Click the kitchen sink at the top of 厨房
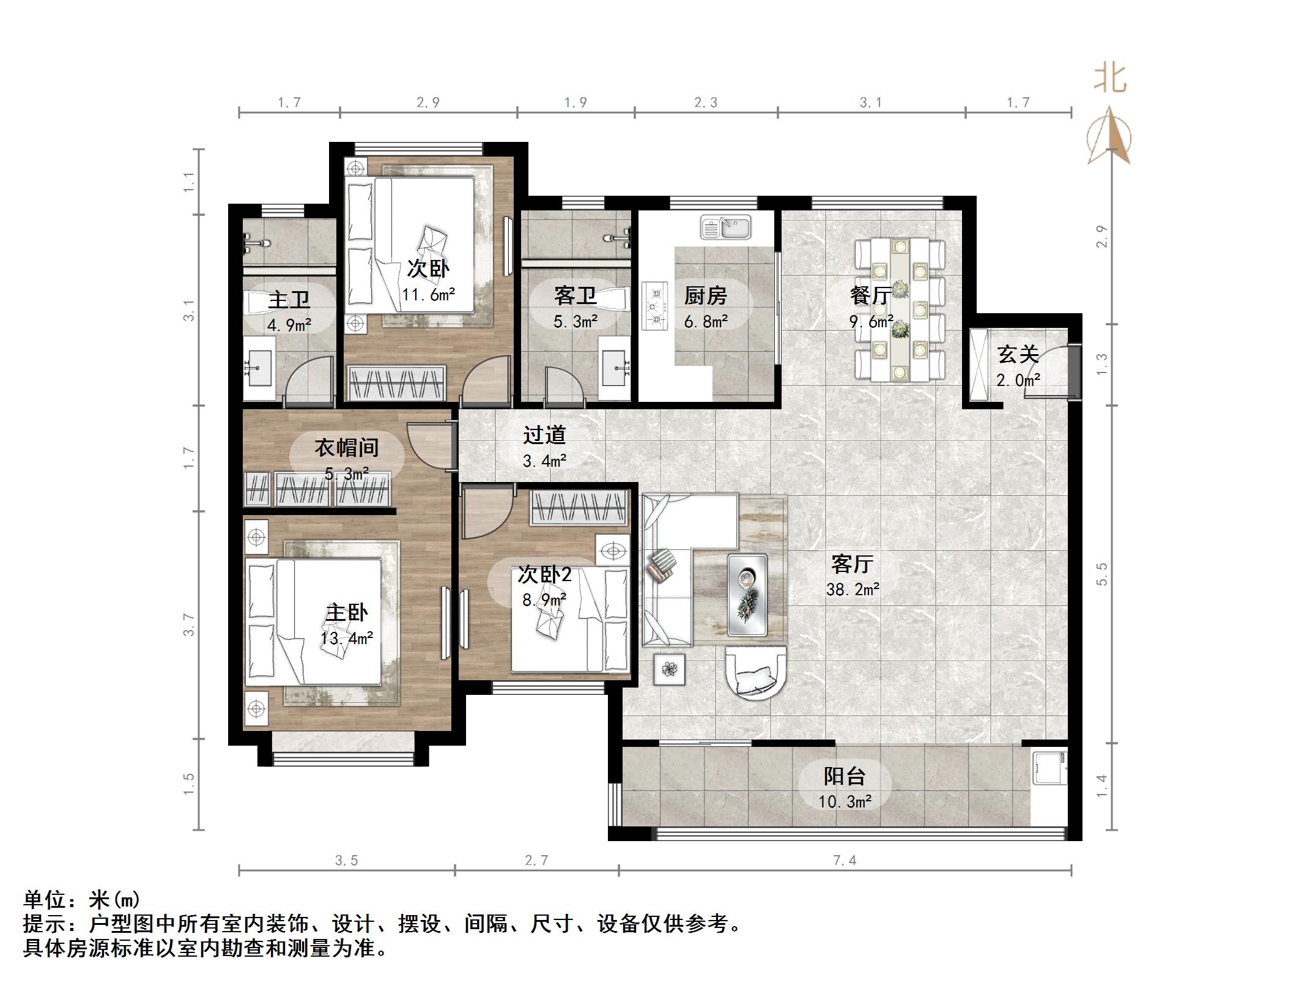[x=725, y=228]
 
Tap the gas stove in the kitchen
[x=654, y=305]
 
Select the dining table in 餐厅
[x=899, y=310]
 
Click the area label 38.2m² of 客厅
[x=852, y=590]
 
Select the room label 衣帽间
[x=346, y=448]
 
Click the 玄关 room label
[x=1018, y=355]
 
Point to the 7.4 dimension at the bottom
[x=844, y=861]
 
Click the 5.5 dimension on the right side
[x=1101, y=574]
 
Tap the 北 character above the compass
[x=1110, y=80]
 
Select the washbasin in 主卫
[x=260, y=368]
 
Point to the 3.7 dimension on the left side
[x=189, y=625]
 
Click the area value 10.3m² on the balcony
[x=844, y=801]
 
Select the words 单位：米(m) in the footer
[x=82, y=899]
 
